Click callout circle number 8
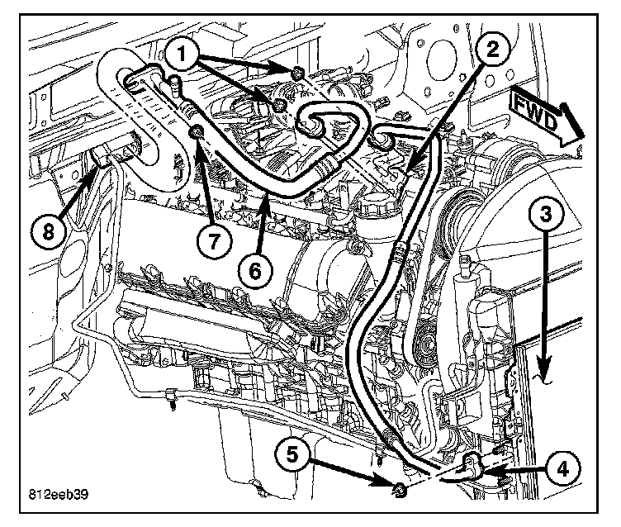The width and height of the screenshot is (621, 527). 47,232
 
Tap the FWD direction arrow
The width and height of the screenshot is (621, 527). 544,116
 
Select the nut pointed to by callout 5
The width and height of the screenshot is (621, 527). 399,493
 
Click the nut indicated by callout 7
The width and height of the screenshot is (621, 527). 197,134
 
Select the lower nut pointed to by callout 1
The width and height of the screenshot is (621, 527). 281,104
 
